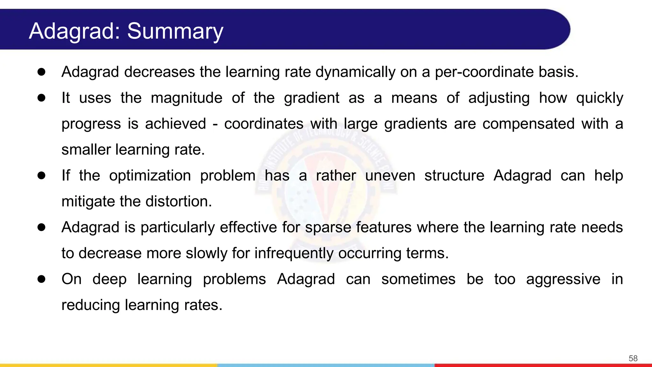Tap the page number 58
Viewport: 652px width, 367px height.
[633, 358]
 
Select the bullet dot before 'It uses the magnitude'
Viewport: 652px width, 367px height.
[41, 97]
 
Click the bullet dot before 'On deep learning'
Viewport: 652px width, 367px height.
[41, 279]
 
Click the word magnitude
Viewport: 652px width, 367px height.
[187, 98]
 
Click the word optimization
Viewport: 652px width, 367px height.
[150, 176]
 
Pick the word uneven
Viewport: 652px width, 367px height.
[390, 176]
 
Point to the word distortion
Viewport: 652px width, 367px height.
[178, 201]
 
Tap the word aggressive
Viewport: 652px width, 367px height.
[563, 279]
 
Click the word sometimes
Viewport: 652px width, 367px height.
[418, 279]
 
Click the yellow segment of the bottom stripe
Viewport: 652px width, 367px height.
[108, 365]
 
